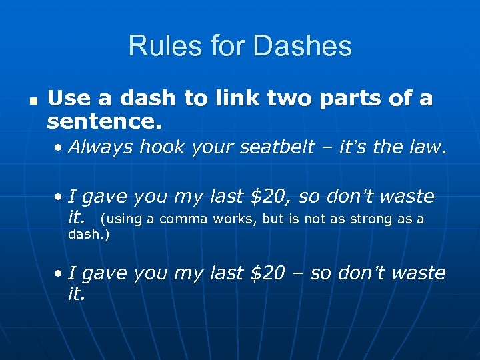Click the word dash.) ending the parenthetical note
(x=89, y=234)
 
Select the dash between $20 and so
(x=295, y=273)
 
